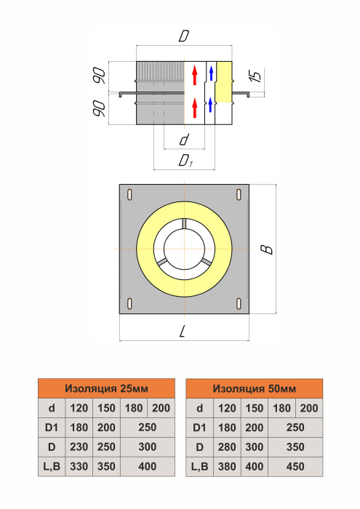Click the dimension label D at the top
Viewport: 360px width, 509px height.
pyautogui.click(x=184, y=36)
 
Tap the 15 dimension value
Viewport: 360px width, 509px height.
pyautogui.click(x=256, y=76)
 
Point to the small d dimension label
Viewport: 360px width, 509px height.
pyautogui.click(x=184, y=140)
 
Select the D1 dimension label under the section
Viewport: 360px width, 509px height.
pyautogui.click(x=185, y=161)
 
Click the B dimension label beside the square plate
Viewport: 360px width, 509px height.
pyautogui.click(x=267, y=249)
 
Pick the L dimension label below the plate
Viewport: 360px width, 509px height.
pyautogui.click(x=182, y=332)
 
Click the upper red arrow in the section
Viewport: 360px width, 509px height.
pyautogui.click(x=195, y=75)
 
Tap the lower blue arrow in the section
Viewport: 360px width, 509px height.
pyautogui.click(x=211, y=105)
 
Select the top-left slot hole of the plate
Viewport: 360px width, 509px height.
pyautogui.click(x=130, y=194)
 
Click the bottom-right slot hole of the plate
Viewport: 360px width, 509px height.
pyautogui.click(x=239, y=303)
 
